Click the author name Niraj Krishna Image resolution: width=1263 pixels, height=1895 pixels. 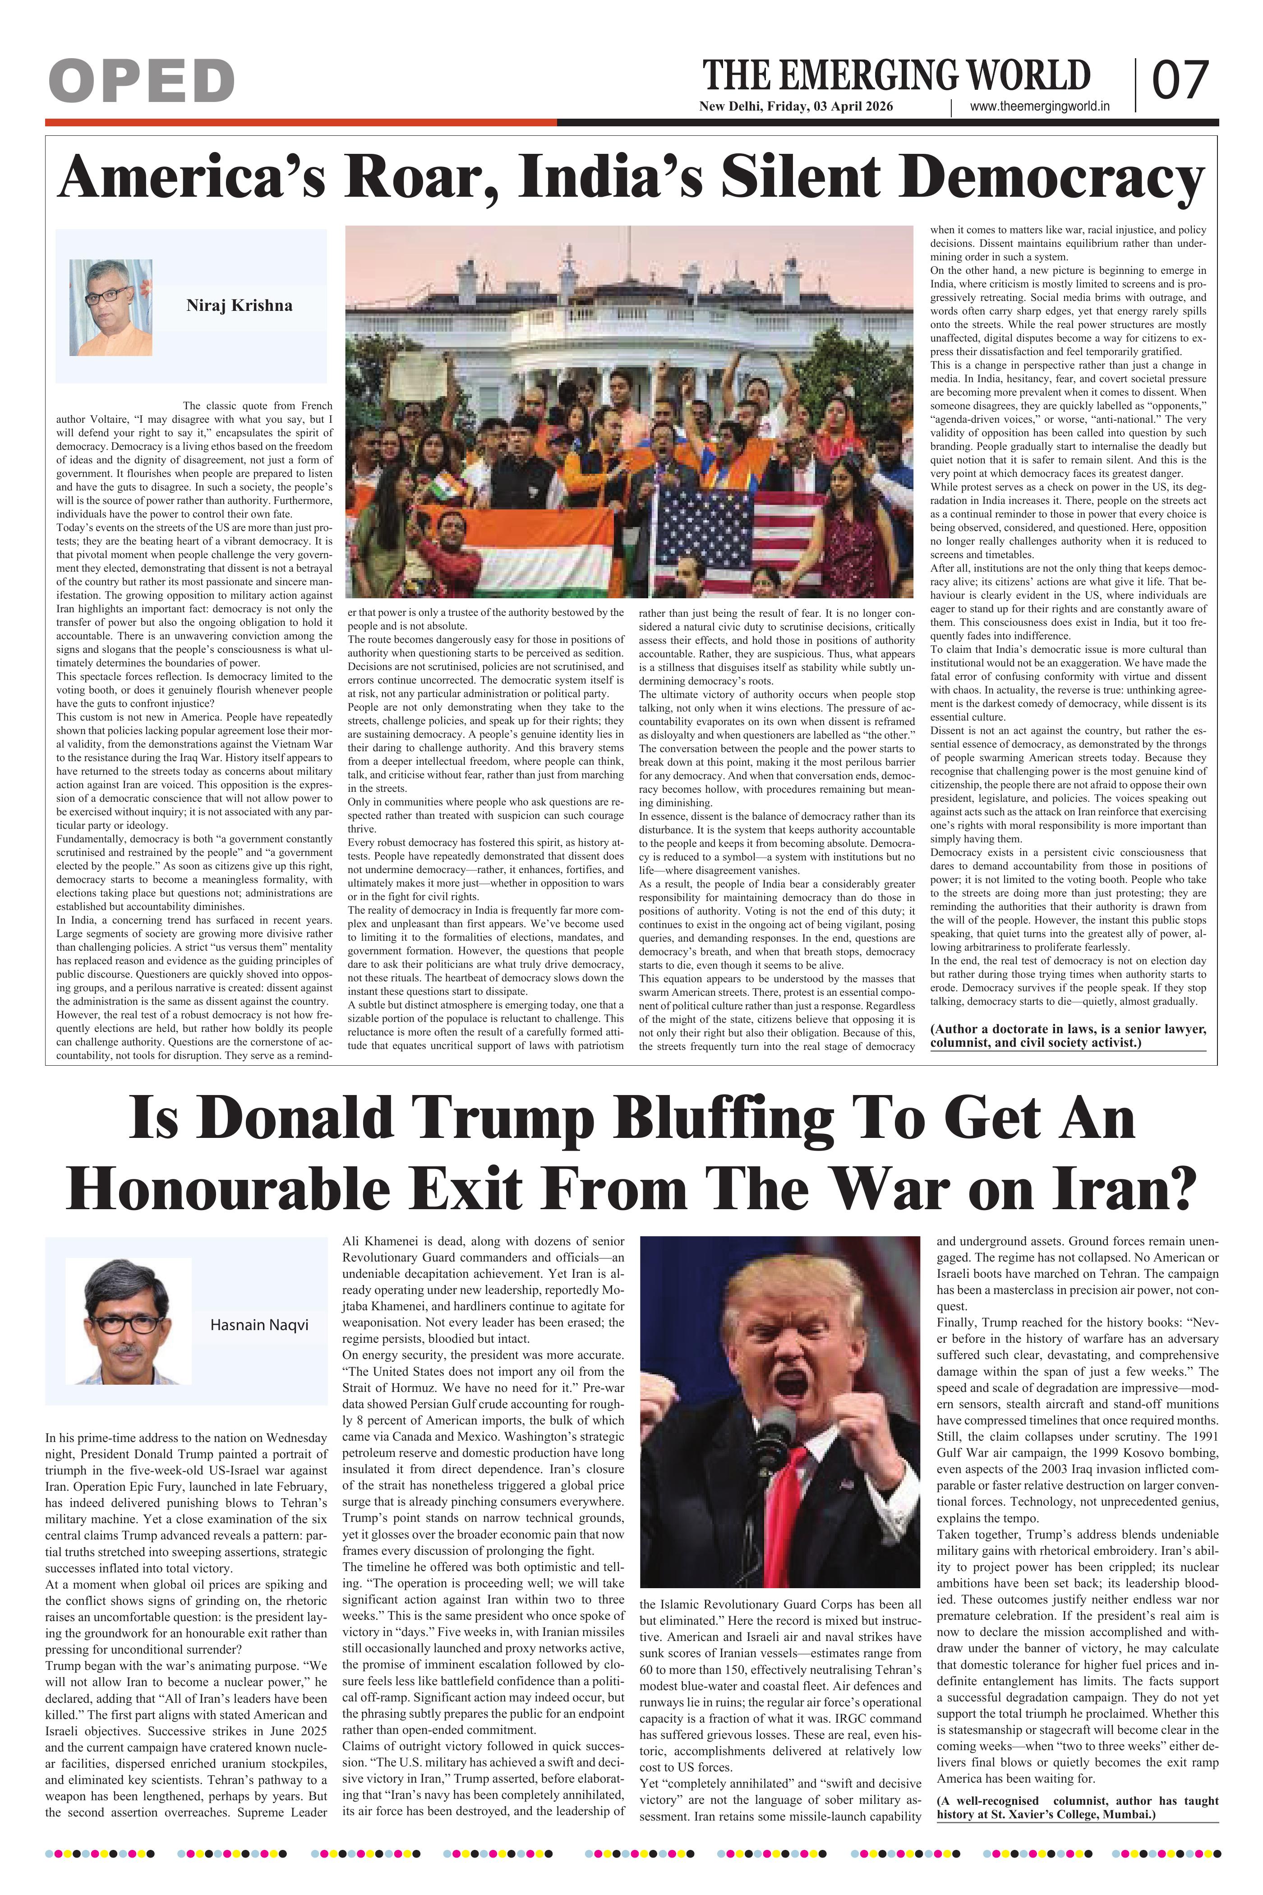[239, 305]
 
